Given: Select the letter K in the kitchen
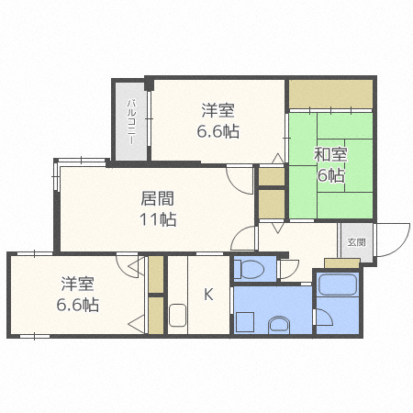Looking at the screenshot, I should [x=208, y=295].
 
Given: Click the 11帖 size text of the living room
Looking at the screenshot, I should [x=159, y=219].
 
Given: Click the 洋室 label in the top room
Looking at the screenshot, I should [x=218, y=111].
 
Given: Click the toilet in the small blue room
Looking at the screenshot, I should [x=249, y=269].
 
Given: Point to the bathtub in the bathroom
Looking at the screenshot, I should [x=338, y=284].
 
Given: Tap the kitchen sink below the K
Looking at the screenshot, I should [x=179, y=317].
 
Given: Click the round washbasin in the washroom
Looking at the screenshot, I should [x=279, y=323].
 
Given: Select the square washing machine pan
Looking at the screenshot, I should [x=245, y=323].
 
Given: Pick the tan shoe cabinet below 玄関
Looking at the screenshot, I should [x=342, y=263].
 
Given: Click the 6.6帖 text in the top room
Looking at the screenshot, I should [x=218, y=131].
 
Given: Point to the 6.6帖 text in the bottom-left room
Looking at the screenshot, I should [x=78, y=305].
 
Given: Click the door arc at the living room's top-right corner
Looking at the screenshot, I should [x=240, y=180].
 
